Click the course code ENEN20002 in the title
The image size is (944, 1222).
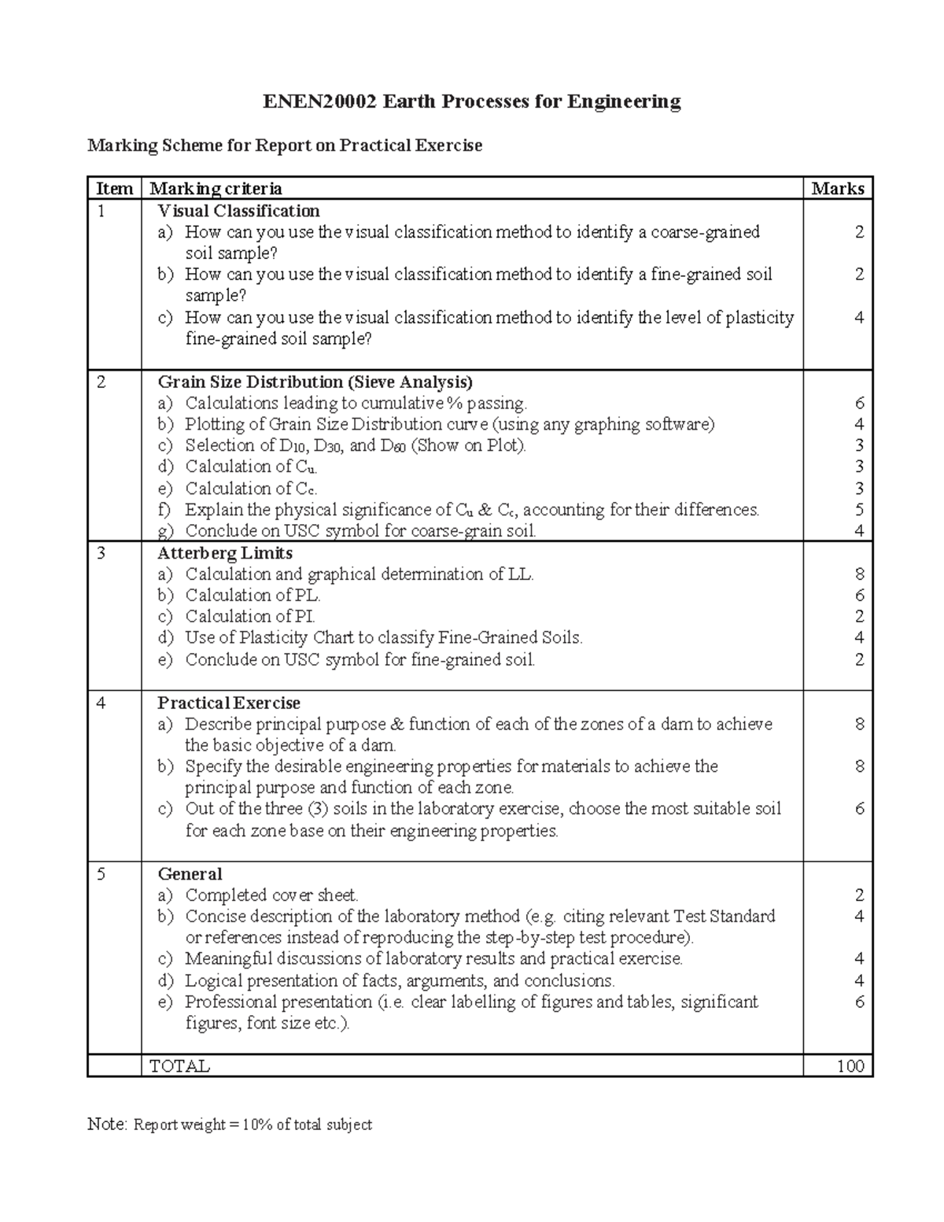click(x=319, y=102)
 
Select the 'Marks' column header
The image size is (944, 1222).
click(x=838, y=189)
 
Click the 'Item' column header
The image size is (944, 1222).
click(x=114, y=189)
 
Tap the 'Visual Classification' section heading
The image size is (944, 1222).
click(x=238, y=211)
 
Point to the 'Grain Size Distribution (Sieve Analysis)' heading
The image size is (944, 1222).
click(x=315, y=382)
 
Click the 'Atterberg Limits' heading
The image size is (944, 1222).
click(x=225, y=553)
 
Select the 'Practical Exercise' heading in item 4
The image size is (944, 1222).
click(x=229, y=703)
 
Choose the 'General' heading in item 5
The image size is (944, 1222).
click(x=190, y=873)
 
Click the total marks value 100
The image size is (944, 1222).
click(x=850, y=1066)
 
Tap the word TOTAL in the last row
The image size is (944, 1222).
click(x=179, y=1066)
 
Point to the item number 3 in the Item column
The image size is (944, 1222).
click(x=100, y=553)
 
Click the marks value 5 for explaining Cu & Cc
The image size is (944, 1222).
click(x=859, y=510)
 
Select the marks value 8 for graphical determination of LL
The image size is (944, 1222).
click(x=859, y=574)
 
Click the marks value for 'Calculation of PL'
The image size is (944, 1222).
click(x=859, y=596)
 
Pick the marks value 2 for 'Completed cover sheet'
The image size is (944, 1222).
click(x=859, y=895)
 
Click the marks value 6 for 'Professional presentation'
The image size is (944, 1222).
click(x=859, y=1002)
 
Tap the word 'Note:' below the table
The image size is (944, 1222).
click(x=107, y=1124)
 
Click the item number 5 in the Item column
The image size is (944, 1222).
click(x=100, y=873)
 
